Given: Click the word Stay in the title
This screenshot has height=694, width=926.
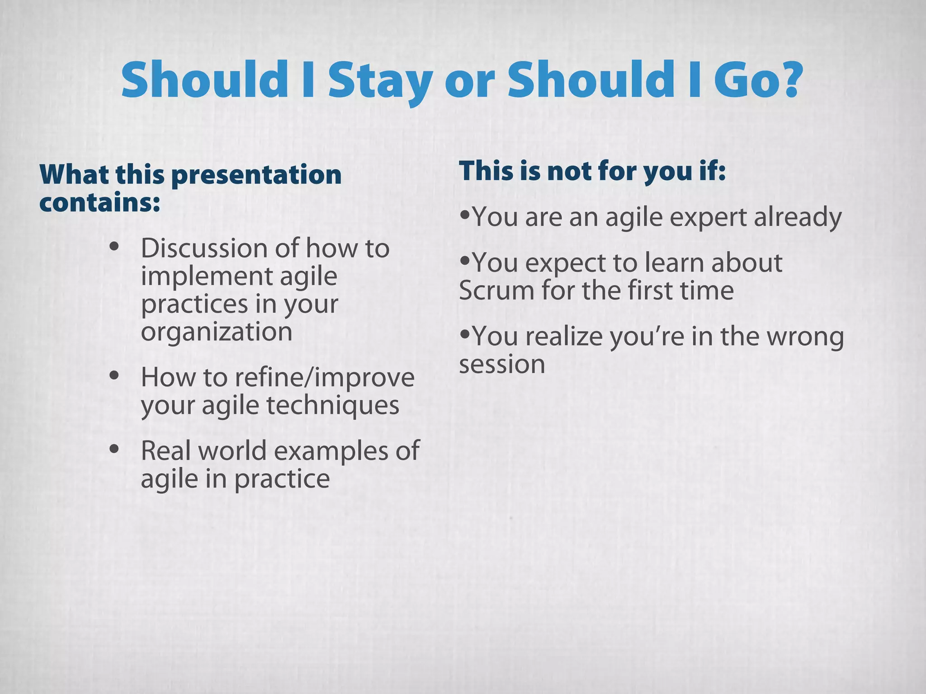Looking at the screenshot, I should (x=380, y=81).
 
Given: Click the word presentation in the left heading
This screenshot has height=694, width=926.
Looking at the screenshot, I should (x=256, y=175).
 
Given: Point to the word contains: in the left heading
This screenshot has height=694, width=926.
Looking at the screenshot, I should (x=99, y=203).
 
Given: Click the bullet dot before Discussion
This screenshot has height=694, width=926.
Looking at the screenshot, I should (x=114, y=247).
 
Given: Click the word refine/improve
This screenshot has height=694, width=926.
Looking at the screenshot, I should (x=324, y=378).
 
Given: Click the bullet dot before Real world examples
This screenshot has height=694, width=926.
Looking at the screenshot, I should (x=114, y=450).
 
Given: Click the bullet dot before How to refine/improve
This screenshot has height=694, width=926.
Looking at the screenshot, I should (x=114, y=375).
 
